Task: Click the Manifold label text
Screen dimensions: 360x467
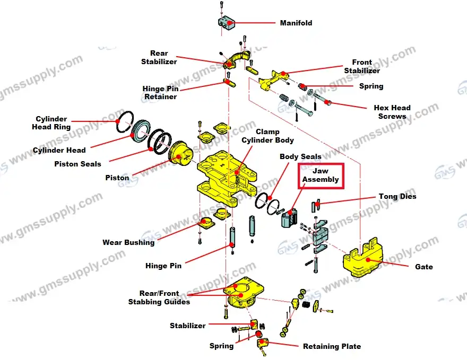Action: click(296, 23)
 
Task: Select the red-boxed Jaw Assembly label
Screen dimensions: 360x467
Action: click(320, 175)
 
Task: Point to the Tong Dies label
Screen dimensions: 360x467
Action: click(397, 196)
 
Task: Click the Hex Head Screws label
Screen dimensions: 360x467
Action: click(392, 112)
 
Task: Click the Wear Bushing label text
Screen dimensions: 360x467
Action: click(128, 242)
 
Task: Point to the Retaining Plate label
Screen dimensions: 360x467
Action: click(332, 346)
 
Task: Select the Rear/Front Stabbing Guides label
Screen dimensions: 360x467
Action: click(159, 297)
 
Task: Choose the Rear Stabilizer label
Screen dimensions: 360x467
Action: click(159, 57)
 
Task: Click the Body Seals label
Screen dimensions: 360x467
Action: click(300, 156)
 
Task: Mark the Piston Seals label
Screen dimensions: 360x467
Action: click(77, 164)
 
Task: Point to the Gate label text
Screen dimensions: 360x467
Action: click(423, 267)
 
